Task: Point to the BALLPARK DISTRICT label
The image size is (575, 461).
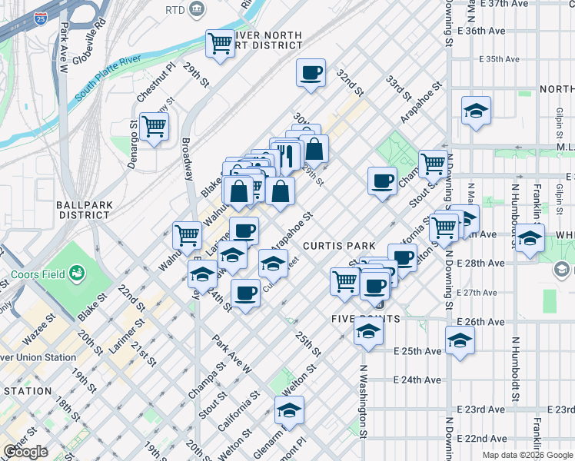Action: click(x=83, y=210)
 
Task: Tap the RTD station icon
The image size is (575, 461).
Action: click(x=197, y=9)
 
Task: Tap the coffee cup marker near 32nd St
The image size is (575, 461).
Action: click(x=311, y=74)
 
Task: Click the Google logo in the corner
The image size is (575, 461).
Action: click(x=25, y=452)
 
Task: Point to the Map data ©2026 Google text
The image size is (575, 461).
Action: click(x=527, y=455)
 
